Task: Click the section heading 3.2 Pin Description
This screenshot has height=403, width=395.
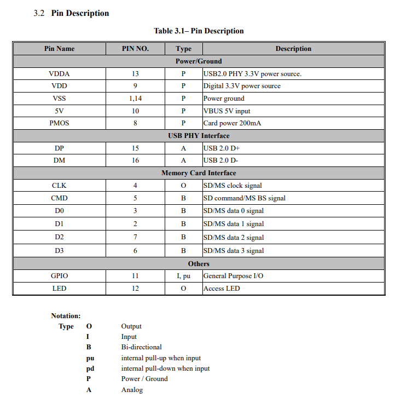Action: click(x=71, y=13)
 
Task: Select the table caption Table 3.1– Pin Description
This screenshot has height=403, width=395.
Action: click(x=199, y=31)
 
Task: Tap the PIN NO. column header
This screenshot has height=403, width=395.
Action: click(x=135, y=49)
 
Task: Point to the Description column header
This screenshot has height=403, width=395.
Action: click(x=293, y=49)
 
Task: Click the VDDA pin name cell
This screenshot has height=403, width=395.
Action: click(x=59, y=73)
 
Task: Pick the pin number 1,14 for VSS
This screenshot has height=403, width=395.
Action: click(x=135, y=99)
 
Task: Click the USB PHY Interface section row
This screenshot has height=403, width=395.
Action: click(x=199, y=136)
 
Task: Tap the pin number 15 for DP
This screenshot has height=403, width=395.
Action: click(x=135, y=148)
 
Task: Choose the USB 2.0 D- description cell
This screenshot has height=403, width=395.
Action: click(x=220, y=160)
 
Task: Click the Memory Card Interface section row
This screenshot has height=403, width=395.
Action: click(x=199, y=173)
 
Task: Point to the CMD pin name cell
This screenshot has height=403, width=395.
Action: click(x=59, y=198)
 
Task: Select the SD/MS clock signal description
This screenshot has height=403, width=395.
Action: click(x=233, y=186)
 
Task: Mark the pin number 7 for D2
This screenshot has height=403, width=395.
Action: click(x=135, y=237)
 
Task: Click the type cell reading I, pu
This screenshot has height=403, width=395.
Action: click(x=183, y=276)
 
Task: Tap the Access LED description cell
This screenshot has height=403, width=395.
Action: click(x=222, y=289)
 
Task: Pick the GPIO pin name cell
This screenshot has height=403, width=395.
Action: click(x=59, y=276)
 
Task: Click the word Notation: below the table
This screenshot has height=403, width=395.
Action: click(x=66, y=316)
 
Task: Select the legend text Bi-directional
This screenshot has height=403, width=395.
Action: click(x=141, y=347)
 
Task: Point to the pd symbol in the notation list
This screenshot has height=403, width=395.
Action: click(x=90, y=369)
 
